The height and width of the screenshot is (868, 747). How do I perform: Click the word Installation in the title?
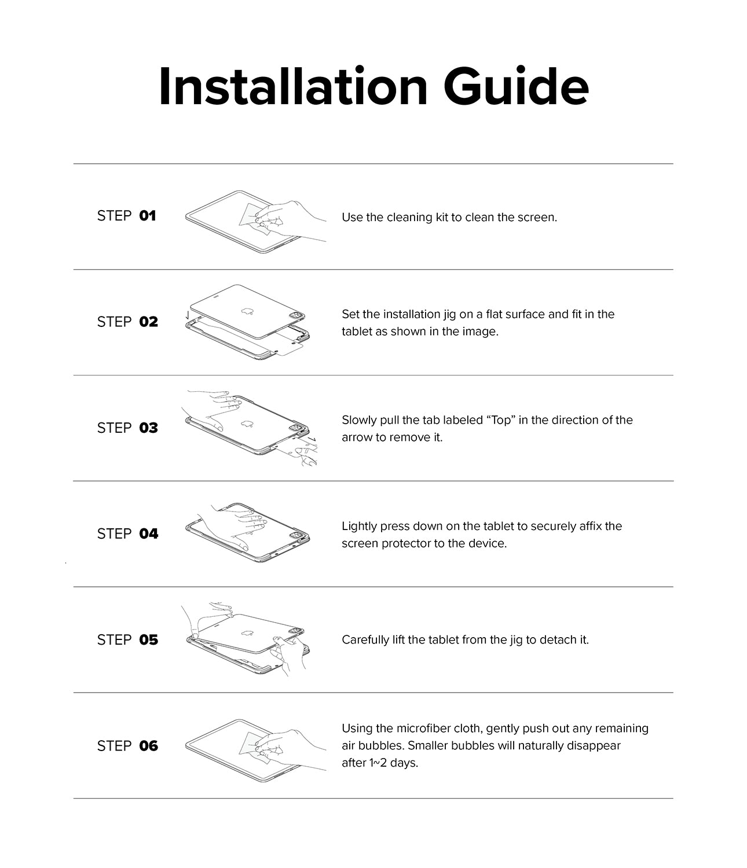[x=292, y=87]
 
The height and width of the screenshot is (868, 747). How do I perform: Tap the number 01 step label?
[x=148, y=216]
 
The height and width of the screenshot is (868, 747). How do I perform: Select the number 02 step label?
[x=148, y=322]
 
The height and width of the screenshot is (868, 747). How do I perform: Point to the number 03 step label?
[x=148, y=428]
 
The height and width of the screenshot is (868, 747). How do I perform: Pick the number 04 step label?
[x=148, y=534]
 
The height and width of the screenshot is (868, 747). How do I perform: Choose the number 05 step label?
[x=148, y=640]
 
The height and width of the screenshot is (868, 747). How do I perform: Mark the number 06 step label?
[x=148, y=746]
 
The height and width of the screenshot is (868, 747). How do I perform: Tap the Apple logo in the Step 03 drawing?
[x=247, y=424]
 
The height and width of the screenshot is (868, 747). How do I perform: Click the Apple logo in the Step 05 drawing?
[x=247, y=634]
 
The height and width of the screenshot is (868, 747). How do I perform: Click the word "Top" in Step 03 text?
[x=500, y=420]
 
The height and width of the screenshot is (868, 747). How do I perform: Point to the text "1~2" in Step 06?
[x=378, y=763]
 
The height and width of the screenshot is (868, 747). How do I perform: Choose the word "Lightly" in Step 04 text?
[x=359, y=527]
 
